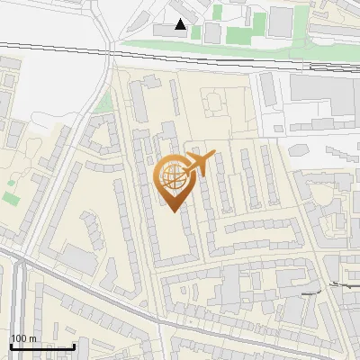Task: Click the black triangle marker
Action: (181, 24)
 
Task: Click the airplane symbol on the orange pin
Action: (198, 164)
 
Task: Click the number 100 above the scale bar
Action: (18, 338)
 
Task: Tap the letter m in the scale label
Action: (32, 338)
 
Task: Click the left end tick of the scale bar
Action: (11, 346)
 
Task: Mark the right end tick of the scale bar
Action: (74, 346)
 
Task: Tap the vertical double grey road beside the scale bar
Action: (20, 297)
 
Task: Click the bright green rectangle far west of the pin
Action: (11, 196)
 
